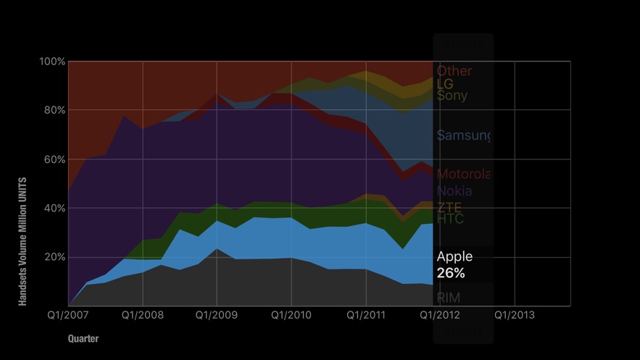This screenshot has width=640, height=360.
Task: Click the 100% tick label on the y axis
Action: (52, 62)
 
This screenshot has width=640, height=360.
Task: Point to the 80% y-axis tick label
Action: (52, 111)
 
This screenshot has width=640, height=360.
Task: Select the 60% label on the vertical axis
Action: (52, 159)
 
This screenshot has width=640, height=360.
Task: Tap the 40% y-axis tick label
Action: (52, 209)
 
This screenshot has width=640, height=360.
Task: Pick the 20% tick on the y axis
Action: (52, 257)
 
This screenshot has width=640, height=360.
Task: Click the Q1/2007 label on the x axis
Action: (68, 315)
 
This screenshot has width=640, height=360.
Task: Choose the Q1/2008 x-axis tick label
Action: (142, 315)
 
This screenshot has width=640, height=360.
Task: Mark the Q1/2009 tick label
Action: (217, 315)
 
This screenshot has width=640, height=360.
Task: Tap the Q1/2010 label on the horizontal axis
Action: (291, 315)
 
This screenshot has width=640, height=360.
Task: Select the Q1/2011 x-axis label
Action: (366, 315)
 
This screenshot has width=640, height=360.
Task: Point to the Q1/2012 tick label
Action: (440, 315)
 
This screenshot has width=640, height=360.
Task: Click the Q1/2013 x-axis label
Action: (515, 315)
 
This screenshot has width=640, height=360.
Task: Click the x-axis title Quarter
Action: (83, 338)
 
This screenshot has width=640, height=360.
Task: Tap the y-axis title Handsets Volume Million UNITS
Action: (23, 241)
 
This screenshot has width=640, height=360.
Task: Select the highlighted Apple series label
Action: (454, 256)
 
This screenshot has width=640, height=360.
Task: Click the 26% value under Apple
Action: (451, 273)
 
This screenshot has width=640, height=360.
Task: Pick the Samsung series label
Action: (463, 135)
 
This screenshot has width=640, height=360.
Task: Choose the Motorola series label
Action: (463, 174)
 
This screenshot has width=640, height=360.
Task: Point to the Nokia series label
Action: (454, 191)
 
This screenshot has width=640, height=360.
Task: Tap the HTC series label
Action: (450, 219)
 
